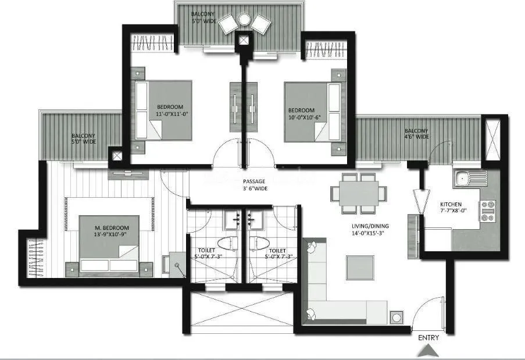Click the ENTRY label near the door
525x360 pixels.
(428, 337)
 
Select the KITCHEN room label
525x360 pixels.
(451, 205)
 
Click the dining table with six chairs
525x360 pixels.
(355, 192)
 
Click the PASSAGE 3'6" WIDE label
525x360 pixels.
(255, 184)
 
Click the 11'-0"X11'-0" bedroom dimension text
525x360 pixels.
(170, 115)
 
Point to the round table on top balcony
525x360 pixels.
(244, 20)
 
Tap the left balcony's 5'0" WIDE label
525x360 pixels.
(84, 142)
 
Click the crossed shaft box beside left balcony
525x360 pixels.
(116, 156)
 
